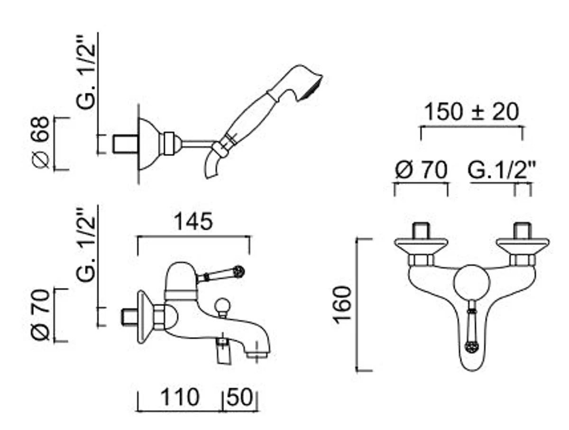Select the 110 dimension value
point(179,397)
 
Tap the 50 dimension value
point(240,397)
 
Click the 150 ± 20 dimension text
point(471,113)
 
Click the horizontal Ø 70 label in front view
point(421,170)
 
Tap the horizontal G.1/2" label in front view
point(502,170)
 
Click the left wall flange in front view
point(421,244)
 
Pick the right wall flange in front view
point(523,244)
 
